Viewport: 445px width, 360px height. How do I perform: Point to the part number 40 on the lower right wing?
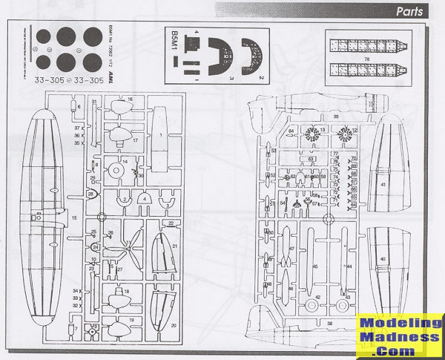point(383,258)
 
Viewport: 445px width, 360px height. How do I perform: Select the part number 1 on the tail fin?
point(160,136)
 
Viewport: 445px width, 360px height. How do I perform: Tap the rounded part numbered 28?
point(90,194)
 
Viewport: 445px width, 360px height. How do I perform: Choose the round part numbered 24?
point(96,247)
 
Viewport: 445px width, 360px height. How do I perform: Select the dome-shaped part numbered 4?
point(144,200)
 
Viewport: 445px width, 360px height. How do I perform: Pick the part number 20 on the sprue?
point(174,325)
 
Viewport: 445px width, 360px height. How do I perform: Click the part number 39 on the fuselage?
point(335,117)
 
